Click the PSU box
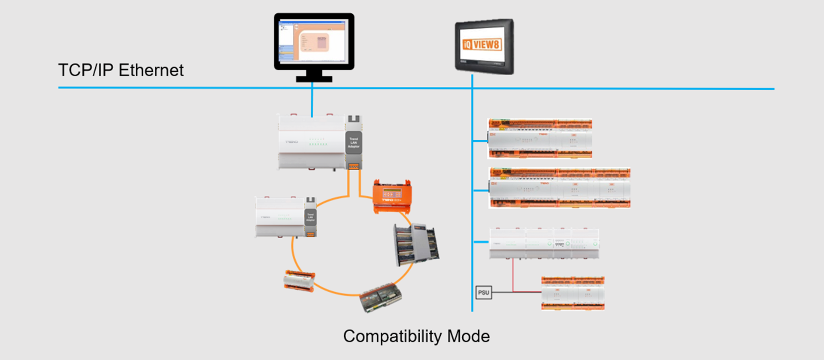(484, 293)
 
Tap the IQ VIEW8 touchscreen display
(484, 46)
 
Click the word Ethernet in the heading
(151, 70)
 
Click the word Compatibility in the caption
(392, 336)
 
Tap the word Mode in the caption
(468, 336)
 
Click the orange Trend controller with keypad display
(392, 196)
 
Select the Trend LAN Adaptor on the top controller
(354, 143)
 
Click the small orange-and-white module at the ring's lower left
(299, 281)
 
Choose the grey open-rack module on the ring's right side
(416, 243)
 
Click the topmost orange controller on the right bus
(540, 139)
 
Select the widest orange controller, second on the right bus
(560, 188)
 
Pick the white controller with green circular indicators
(544, 244)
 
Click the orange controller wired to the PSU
(573, 293)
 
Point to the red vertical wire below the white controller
(512, 275)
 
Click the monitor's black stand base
(314, 79)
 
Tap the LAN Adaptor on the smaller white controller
(310, 217)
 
